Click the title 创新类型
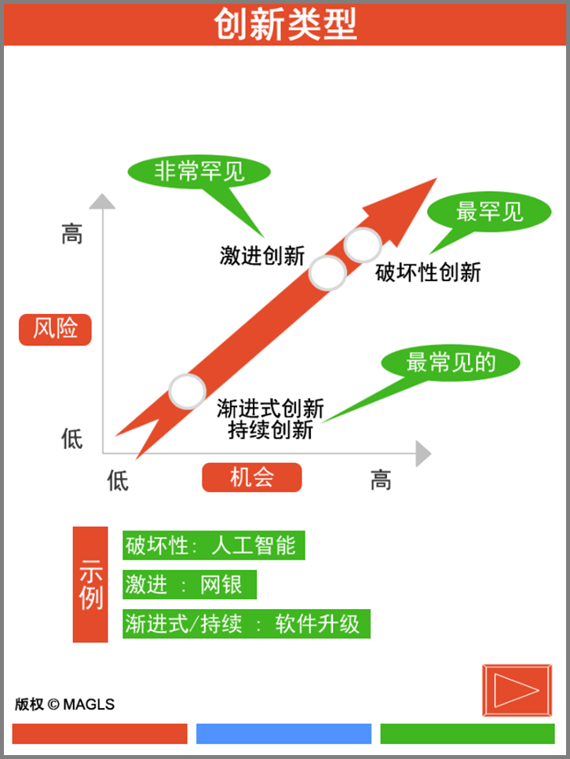285,24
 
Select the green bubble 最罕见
488,211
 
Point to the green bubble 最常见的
451,363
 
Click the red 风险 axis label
55,329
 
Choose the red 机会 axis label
251,477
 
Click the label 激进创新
261,255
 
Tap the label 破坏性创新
428,272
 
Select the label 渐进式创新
270,409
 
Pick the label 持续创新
270,429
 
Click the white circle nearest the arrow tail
187,390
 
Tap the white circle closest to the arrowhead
364,244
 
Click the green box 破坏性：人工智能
213,546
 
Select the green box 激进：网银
189,584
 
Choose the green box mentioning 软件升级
246,623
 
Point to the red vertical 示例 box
90,585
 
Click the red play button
517,691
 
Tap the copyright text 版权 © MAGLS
64,704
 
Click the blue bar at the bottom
283,734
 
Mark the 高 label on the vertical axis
71,234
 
